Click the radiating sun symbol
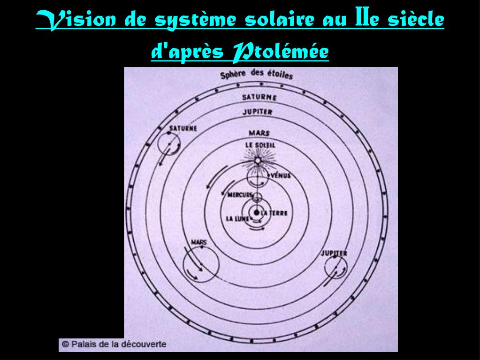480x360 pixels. point(257,161)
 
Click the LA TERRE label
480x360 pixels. point(274,214)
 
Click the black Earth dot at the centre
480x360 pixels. point(257,213)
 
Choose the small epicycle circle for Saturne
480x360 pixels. point(168,143)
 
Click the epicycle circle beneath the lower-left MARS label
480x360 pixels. point(200,264)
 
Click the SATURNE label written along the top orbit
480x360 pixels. point(259,97)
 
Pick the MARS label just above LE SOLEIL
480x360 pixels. point(259,133)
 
